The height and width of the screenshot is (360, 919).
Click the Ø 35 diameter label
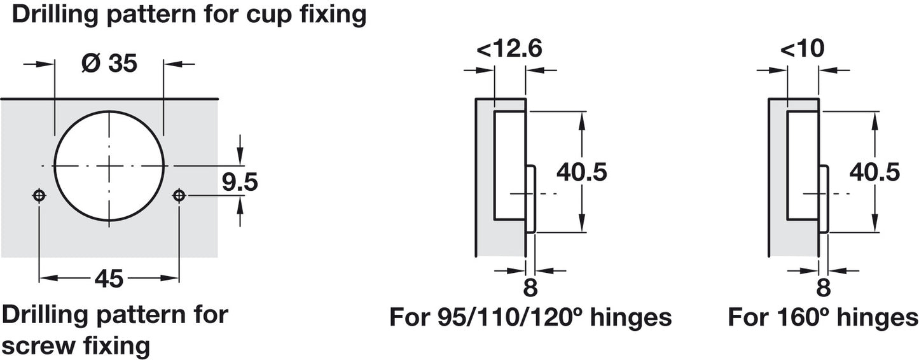109,64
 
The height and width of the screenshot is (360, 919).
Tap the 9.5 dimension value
239,183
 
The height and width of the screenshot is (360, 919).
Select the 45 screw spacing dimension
109,279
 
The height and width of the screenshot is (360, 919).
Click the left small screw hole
39,195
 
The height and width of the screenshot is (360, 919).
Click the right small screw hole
179,195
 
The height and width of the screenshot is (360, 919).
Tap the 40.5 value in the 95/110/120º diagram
581,172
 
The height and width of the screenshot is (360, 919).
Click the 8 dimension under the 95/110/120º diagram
530,288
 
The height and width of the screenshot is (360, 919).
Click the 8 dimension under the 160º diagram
823,288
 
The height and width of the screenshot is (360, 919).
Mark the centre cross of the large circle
109,165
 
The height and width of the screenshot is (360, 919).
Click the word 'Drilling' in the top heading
53,15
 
